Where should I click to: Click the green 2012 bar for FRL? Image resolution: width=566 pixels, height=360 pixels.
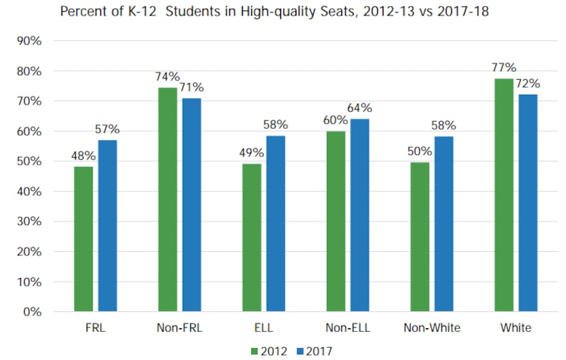[83, 239]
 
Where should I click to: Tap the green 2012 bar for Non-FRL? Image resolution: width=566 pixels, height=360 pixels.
[168, 199]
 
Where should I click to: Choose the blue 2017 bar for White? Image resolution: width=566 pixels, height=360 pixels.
[528, 203]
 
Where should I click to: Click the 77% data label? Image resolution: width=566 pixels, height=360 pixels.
[504, 69]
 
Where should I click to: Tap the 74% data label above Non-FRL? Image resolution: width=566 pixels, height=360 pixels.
[168, 77]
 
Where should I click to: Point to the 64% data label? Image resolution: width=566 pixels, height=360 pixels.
[359, 108]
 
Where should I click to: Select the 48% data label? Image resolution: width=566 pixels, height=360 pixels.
[83, 156]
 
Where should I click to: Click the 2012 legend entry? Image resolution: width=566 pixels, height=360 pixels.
[270, 349]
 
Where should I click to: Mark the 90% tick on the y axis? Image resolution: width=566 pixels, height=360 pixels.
[28, 41]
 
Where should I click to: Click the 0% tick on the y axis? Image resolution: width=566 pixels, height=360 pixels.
[31, 311]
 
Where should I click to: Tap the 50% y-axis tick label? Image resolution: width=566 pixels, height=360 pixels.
[28, 161]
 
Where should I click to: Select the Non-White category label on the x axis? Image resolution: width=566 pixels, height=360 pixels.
[432, 328]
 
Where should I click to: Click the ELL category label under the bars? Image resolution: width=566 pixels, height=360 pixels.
[263, 328]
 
